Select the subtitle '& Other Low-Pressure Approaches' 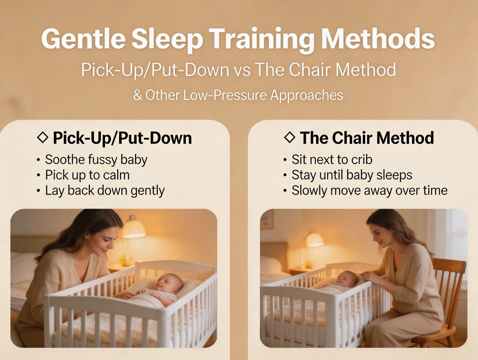pos(238,96)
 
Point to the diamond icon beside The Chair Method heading pos(290,138)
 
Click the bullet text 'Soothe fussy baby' pos(96,160)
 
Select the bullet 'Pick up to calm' pos(87,175)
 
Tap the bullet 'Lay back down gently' pos(104,190)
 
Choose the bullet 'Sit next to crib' pos(332,160)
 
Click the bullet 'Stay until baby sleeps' pos(352,175)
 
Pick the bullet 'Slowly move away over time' pos(369,190)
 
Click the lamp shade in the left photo pos(133,229)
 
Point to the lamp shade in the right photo pos(315,239)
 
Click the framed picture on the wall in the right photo pos(267,219)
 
